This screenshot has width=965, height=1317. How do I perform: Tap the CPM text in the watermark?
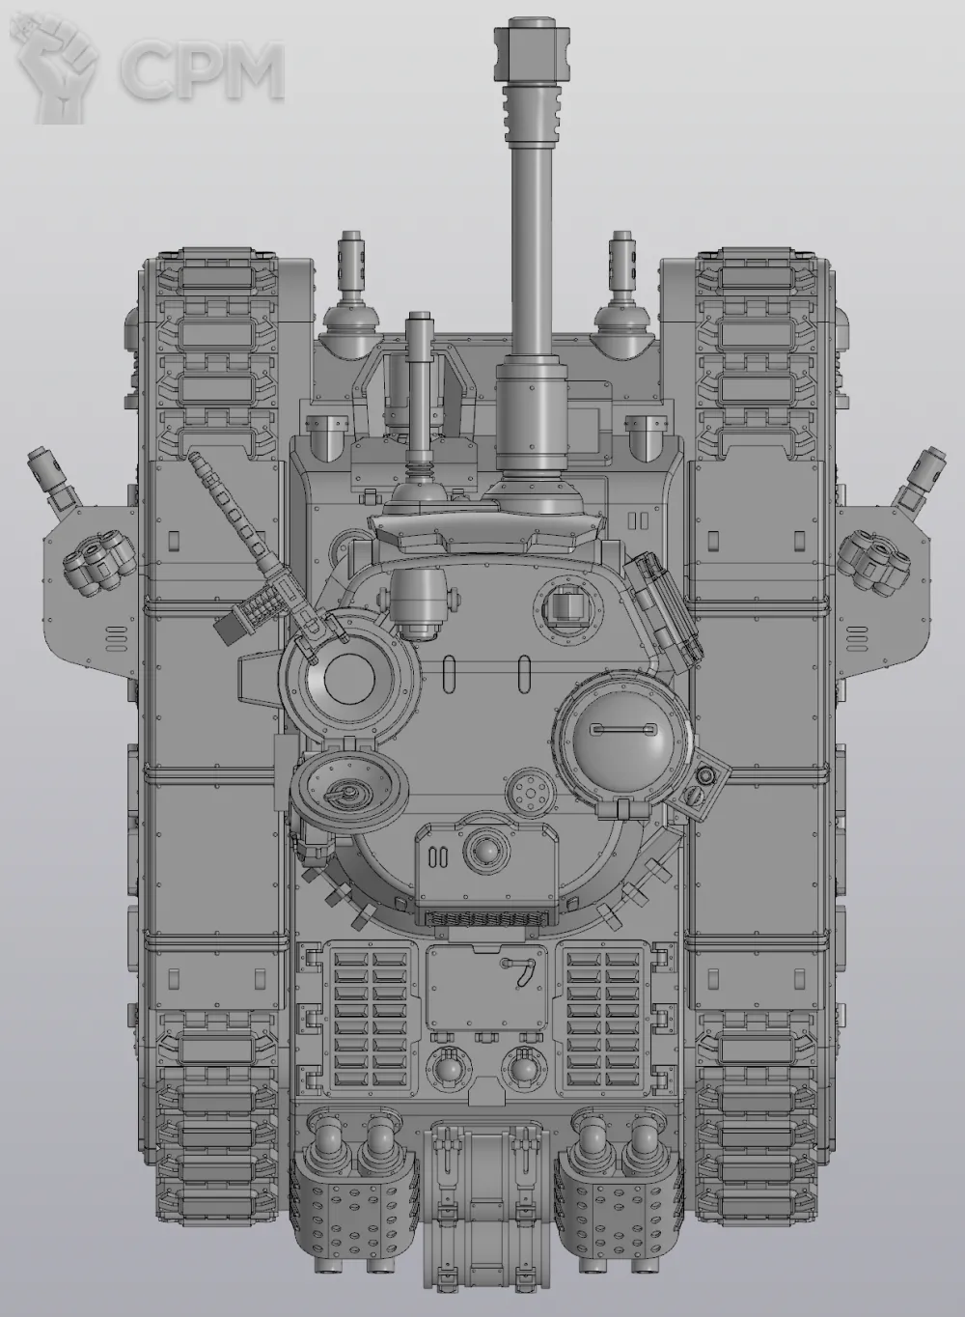pos(204,70)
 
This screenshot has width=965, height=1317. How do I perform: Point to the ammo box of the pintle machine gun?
pos(230,628)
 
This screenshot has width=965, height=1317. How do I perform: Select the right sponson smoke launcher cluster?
pos(874,561)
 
